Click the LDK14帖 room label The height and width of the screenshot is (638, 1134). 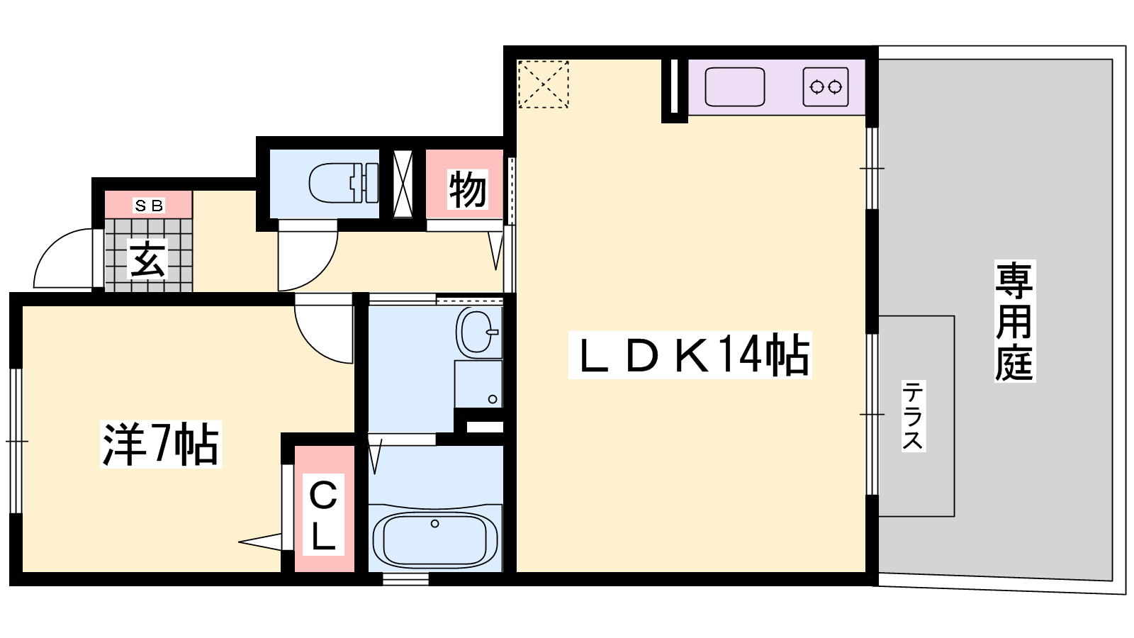pyautogui.click(x=690, y=355)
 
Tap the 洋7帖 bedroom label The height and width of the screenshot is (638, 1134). pyautogui.click(x=160, y=444)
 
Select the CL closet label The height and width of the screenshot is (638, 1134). pyautogui.click(x=323, y=515)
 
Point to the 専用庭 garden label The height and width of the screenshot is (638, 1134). pyautogui.click(x=1014, y=321)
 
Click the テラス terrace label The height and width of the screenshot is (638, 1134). pyautogui.click(x=914, y=416)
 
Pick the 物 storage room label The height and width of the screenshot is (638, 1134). pyautogui.click(x=467, y=189)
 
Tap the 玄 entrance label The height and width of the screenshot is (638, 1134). pyautogui.click(x=148, y=259)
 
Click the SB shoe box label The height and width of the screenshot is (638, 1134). pyautogui.click(x=149, y=205)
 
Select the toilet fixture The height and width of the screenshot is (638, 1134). pyautogui.click(x=344, y=183)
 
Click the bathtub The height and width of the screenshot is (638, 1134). pyautogui.click(x=435, y=539)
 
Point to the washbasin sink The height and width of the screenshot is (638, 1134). pyautogui.click(x=478, y=332)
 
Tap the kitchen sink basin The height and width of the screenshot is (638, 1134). pyautogui.click(x=734, y=87)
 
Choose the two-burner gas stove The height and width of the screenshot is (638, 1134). pyautogui.click(x=826, y=87)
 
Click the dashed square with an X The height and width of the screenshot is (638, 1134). pyautogui.click(x=543, y=84)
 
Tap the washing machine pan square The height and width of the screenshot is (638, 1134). pyautogui.click(x=478, y=384)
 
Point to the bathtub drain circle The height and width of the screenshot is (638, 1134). pyautogui.click(x=435, y=524)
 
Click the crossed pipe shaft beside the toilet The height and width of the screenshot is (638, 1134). pyautogui.click(x=403, y=184)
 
